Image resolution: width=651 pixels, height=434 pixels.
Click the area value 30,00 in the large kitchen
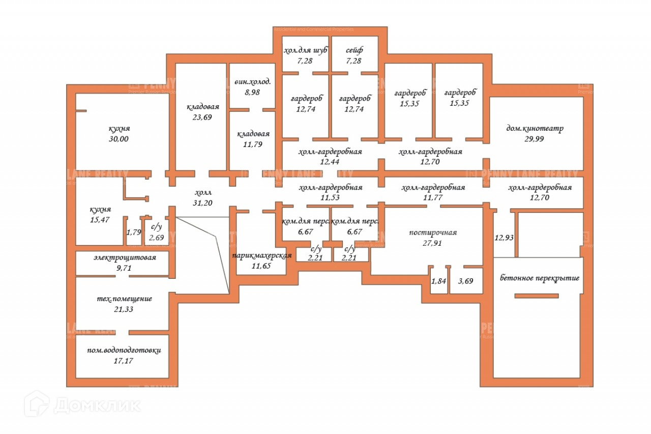point(119,138)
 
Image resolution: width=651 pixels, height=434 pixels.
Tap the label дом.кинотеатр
point(535,128)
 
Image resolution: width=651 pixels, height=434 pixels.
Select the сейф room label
point(354,50)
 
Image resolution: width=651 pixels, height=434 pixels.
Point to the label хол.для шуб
point(305,50)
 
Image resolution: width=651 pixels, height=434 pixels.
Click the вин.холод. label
point(252,82)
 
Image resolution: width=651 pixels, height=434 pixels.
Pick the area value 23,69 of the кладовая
point(202,117)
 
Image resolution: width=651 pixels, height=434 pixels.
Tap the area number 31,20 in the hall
point(203,202)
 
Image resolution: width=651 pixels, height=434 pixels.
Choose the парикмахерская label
point(261,255)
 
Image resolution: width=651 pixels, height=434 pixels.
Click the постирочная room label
point(433,233)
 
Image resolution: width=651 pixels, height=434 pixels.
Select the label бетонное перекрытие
point(540,278)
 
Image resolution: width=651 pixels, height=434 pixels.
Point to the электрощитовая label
point(125,257)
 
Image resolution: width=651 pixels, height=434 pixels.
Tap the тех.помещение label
point(125,299)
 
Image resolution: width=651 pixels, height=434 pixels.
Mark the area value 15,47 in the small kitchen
point(100,219)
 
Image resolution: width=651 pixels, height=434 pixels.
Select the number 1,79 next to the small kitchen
point(134,233)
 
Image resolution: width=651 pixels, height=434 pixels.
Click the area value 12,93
point(504,237)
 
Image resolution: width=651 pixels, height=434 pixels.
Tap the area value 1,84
point(438,281)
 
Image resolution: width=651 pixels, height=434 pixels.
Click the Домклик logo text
point(97,404)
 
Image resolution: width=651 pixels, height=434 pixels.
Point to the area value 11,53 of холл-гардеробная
point(330,197)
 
